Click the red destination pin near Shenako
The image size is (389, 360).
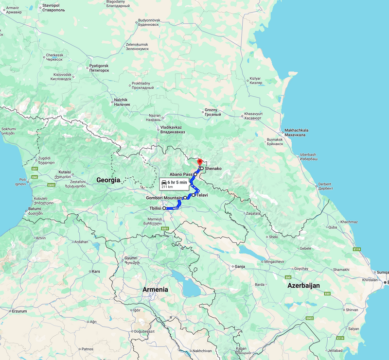point(199,161)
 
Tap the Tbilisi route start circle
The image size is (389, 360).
point(164,208)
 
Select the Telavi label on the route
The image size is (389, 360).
point(202,195)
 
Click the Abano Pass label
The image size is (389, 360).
point(181,174)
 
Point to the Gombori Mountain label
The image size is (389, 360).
point(164,198)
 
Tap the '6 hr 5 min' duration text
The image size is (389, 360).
point(178,182)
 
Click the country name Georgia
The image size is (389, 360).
point(108,180)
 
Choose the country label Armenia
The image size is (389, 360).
point(155,290)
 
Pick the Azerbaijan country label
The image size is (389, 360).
point(303,285)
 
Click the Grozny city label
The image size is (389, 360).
point(211,110)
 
